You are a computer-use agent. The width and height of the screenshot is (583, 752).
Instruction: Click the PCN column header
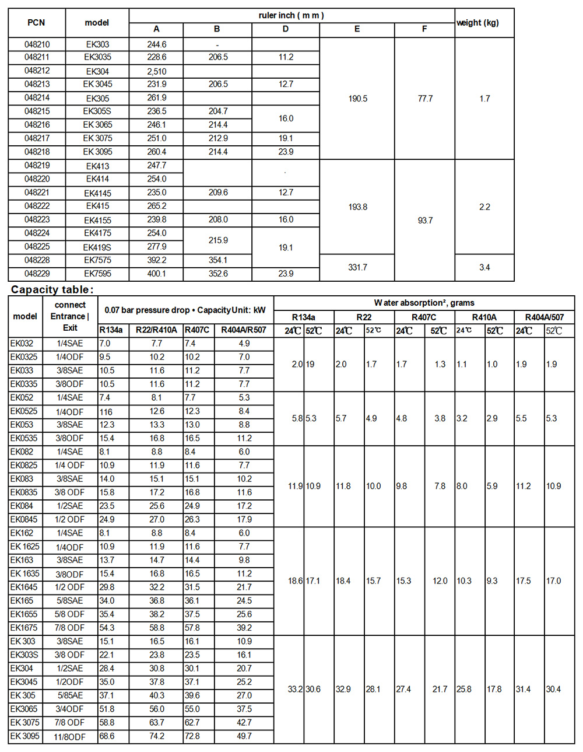(36, 23)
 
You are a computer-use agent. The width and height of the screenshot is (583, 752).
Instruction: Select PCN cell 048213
(37, 84)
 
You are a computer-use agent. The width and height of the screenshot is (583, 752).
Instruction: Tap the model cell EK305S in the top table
(97, 111)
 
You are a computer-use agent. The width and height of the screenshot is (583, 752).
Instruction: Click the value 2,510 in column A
(156, 71)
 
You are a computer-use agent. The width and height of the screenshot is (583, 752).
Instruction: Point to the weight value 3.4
(484, 267)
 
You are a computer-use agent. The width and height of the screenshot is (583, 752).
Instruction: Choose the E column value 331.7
(357, 267)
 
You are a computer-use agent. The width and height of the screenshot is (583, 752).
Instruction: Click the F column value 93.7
(425, 221)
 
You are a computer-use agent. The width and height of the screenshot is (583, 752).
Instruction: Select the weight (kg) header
(477, 23)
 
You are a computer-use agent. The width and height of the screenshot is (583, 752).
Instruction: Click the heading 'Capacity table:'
(52, 289)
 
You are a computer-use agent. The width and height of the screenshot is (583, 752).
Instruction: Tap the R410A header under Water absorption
(484, 317)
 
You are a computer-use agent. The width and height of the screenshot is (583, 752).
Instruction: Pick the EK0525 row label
(24, 411)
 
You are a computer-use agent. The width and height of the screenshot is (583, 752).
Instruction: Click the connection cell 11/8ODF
(70, 737)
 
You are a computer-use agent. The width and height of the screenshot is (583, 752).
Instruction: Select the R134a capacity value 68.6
(107, 736)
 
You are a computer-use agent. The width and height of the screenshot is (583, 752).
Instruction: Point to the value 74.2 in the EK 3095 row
(157, 736)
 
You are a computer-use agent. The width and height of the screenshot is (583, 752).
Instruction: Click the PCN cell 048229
(37, 274)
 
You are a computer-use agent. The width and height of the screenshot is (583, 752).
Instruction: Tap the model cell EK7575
(97, 260)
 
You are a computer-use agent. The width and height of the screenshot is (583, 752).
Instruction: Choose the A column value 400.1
(156, 274)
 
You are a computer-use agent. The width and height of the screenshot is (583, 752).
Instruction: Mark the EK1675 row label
(24, 628)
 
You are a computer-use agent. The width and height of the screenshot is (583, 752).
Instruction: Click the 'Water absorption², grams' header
(424, 303)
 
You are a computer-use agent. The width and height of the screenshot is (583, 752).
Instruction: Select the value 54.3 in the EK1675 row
(107, 628)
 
